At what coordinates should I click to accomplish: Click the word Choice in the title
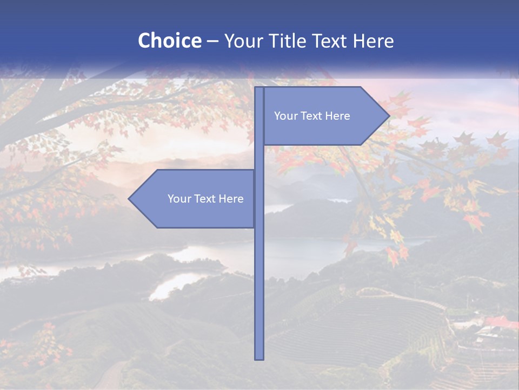coord(169,41)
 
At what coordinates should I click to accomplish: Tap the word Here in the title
coord(373,41)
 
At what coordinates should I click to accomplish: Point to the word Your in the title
coord(242,41)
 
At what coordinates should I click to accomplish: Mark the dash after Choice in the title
coord(212,41)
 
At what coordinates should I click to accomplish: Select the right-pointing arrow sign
coord(324,116)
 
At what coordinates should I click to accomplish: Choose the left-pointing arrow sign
coord(195,199)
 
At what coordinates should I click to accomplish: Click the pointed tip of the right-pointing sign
coord(388,116)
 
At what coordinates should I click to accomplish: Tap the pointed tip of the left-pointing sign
coord(130,199)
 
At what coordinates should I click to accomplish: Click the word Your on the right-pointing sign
coord(285,116)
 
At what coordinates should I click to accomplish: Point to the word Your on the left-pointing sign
coord(179,199)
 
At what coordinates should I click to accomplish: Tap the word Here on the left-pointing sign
coord(231,199)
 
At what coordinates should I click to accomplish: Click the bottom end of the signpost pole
coord(259,357)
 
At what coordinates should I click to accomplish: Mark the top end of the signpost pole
coord(259,88)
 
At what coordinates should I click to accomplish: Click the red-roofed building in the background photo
coord(500,322)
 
